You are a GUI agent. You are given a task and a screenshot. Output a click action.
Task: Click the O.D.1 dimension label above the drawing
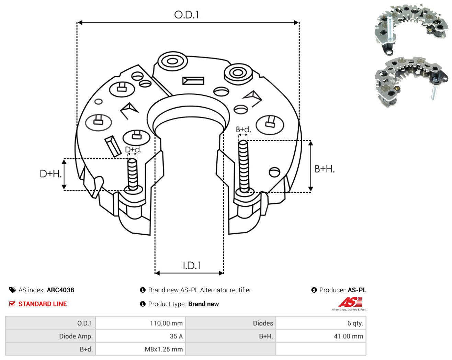point(186,15)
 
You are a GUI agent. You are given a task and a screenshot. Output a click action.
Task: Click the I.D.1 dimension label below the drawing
point(192,266)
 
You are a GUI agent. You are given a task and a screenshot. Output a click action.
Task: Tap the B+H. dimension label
point(325,169)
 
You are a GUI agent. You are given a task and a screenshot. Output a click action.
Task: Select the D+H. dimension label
point(50,174)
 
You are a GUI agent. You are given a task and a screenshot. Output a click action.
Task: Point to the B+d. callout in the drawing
point(243,130)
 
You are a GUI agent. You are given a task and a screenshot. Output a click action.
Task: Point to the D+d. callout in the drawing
point(133,149)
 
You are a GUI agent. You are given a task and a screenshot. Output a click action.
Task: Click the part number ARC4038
point(60,290)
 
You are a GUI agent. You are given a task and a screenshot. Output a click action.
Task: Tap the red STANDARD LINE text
point(43,304)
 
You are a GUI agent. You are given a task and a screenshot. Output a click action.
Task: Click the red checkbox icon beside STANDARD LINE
point(12,304)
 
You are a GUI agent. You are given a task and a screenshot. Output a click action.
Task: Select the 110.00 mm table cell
point(140,323)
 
